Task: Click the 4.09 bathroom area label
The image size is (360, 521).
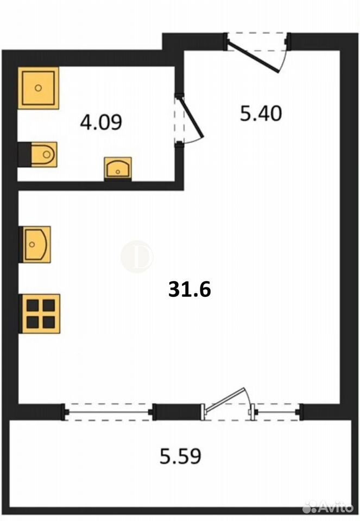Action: tap(101, 122)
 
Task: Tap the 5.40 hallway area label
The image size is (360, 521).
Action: tap(261, 113)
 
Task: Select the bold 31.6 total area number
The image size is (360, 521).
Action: tap(190, 289)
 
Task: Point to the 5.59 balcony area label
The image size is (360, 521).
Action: tap(180, 456)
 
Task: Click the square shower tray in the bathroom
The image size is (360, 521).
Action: tap(38, 88)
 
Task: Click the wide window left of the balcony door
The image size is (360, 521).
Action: tap(108, 412)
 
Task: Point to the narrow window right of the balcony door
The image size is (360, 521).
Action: tap(276, 412)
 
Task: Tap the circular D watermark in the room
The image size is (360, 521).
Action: tap(137, 256)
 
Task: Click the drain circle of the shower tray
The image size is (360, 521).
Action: tap(38, 88)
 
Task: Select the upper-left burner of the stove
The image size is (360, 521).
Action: tap(33, 306)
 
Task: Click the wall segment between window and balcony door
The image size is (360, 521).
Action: tap(179, 412)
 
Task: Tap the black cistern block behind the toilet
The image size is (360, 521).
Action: tap(24, 155)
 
